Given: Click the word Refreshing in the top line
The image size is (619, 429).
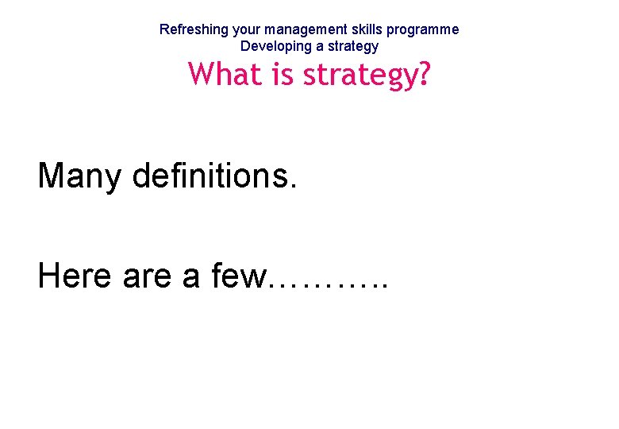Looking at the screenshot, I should click(x=194, y=29).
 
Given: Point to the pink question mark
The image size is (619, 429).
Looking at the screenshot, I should click(x=423, y=75).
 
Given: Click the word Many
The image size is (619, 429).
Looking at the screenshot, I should click(x=79, y=176).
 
